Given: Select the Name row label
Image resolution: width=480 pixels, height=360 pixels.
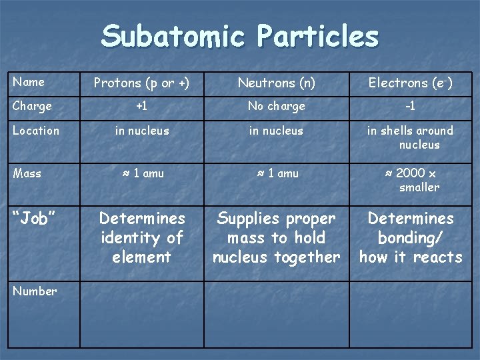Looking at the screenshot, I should click(29, 82).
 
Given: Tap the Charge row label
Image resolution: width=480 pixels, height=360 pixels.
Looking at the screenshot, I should click(32, 106).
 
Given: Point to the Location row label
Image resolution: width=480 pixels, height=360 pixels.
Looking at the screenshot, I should click(35, 131).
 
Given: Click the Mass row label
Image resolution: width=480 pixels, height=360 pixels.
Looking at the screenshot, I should click(27, 173).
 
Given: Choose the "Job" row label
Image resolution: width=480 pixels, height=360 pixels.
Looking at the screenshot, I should click(34, 219).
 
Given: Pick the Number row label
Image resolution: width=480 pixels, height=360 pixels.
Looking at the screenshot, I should click(35, 291).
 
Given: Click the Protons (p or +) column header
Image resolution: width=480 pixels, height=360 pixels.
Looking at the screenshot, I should click(141, 83).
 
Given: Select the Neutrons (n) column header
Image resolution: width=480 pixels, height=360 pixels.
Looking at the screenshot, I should click(276, 83).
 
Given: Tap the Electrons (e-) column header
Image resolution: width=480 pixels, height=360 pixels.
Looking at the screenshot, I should click(410, 83).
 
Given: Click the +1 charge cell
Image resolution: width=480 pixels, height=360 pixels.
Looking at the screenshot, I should click(141, 106).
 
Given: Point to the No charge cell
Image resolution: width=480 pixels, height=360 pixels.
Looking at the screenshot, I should click(276, 106).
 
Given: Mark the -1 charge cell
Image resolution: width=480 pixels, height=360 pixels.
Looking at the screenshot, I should click(410, 106).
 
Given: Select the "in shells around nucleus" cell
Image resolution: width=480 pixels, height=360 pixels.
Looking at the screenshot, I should click(410, 137).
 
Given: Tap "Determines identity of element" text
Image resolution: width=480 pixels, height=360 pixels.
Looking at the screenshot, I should click(141, 237).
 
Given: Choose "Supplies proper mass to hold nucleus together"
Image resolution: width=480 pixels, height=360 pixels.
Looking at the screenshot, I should click(276, 237).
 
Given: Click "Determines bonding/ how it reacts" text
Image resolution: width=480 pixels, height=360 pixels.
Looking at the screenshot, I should click(410, 237).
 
